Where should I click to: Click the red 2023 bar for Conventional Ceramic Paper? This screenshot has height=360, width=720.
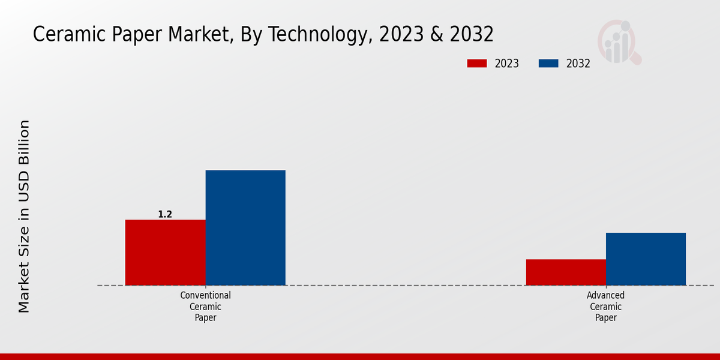(x=165, y=252)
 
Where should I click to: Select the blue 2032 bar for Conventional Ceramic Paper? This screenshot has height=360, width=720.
(x=245, y=227)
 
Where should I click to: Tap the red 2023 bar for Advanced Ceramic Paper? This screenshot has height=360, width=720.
(x=566, y=272)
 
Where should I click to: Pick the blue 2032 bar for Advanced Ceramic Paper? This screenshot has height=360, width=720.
(x=646, y=259)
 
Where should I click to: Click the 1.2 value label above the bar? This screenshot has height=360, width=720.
(x=165, y=214)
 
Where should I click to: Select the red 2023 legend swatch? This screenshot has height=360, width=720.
(x=477, y=64)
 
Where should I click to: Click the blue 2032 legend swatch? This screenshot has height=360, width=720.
(x=548, y=64)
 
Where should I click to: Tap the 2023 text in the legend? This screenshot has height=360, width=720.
(x=507, y=64)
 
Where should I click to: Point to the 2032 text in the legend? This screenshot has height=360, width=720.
(x=578, y=64)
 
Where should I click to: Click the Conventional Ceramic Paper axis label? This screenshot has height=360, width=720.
(x=205, y=307)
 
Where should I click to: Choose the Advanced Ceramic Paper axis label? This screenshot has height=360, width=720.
(x=606, y=307)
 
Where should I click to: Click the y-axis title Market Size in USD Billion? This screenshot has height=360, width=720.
(x=24, y=216)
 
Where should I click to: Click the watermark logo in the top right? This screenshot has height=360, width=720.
(x=619, y=42)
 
